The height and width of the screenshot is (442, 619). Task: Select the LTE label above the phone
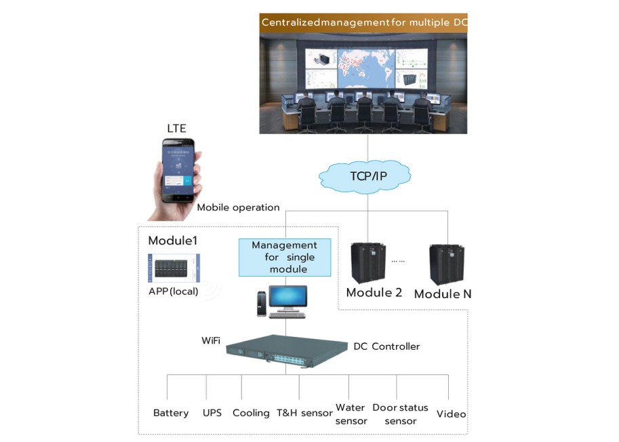[176, 128]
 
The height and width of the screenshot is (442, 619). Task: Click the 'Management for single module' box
[284, 257]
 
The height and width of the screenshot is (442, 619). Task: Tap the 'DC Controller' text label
[386, 346]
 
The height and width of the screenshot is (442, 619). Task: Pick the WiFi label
[211, 340]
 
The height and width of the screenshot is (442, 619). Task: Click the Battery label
[171, 413]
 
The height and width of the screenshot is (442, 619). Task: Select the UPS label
[212, 413]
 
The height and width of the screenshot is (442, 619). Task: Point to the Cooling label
[251, 413]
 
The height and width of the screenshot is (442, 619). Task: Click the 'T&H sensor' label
[304, 413]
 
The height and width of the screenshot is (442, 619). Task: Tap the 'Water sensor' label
[351, 414]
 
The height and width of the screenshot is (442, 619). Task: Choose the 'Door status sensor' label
[400, 414]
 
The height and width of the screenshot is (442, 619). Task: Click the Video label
[451, 414]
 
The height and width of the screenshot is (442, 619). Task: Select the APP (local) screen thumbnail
[174, 268]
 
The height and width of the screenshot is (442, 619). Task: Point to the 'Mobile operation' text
[238, 207]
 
